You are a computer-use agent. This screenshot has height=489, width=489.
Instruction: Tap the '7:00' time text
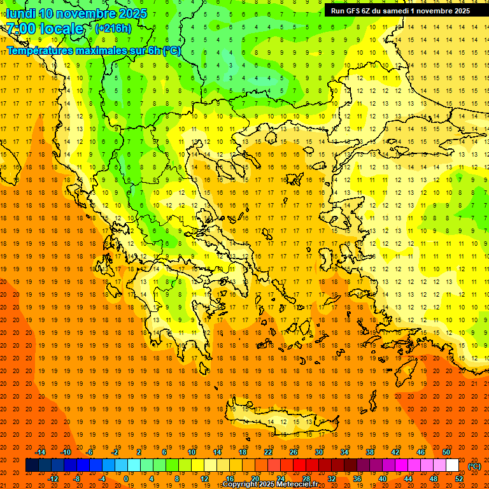(21, 29)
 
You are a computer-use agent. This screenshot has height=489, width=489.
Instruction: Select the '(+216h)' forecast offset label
(113, 28)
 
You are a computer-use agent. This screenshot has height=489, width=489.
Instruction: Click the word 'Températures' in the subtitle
(38, 50)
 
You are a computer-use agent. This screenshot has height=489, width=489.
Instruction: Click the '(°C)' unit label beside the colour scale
(474, 466)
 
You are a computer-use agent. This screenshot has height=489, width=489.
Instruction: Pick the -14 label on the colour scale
(40, 452)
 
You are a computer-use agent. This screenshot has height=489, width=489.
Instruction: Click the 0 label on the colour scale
(125, 479)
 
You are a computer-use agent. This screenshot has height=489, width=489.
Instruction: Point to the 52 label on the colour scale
(459, 479)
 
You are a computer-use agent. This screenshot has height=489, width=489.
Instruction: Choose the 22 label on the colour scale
(268, 452)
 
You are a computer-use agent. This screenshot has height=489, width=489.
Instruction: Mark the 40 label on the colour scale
(383, 479)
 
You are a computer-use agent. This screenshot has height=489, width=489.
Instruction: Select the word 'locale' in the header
(62, 29)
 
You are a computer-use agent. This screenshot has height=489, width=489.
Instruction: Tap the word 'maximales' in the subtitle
(99, 50)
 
